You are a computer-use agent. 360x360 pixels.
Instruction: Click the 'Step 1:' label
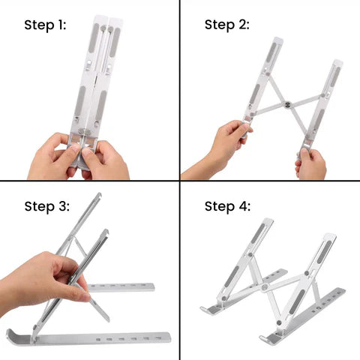[x=45, y=25]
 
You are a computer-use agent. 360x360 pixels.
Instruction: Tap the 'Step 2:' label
[x=227, y=25]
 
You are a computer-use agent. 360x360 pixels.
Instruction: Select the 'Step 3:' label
[x=46, y=206]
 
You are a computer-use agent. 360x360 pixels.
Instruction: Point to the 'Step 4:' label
[x=227, y=206]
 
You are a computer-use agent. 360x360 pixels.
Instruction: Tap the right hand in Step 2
[x=311, y=163]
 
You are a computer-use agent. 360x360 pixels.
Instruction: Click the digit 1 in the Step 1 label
[x=61, y=25]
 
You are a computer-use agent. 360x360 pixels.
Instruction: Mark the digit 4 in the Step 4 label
[x=244, y=206]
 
